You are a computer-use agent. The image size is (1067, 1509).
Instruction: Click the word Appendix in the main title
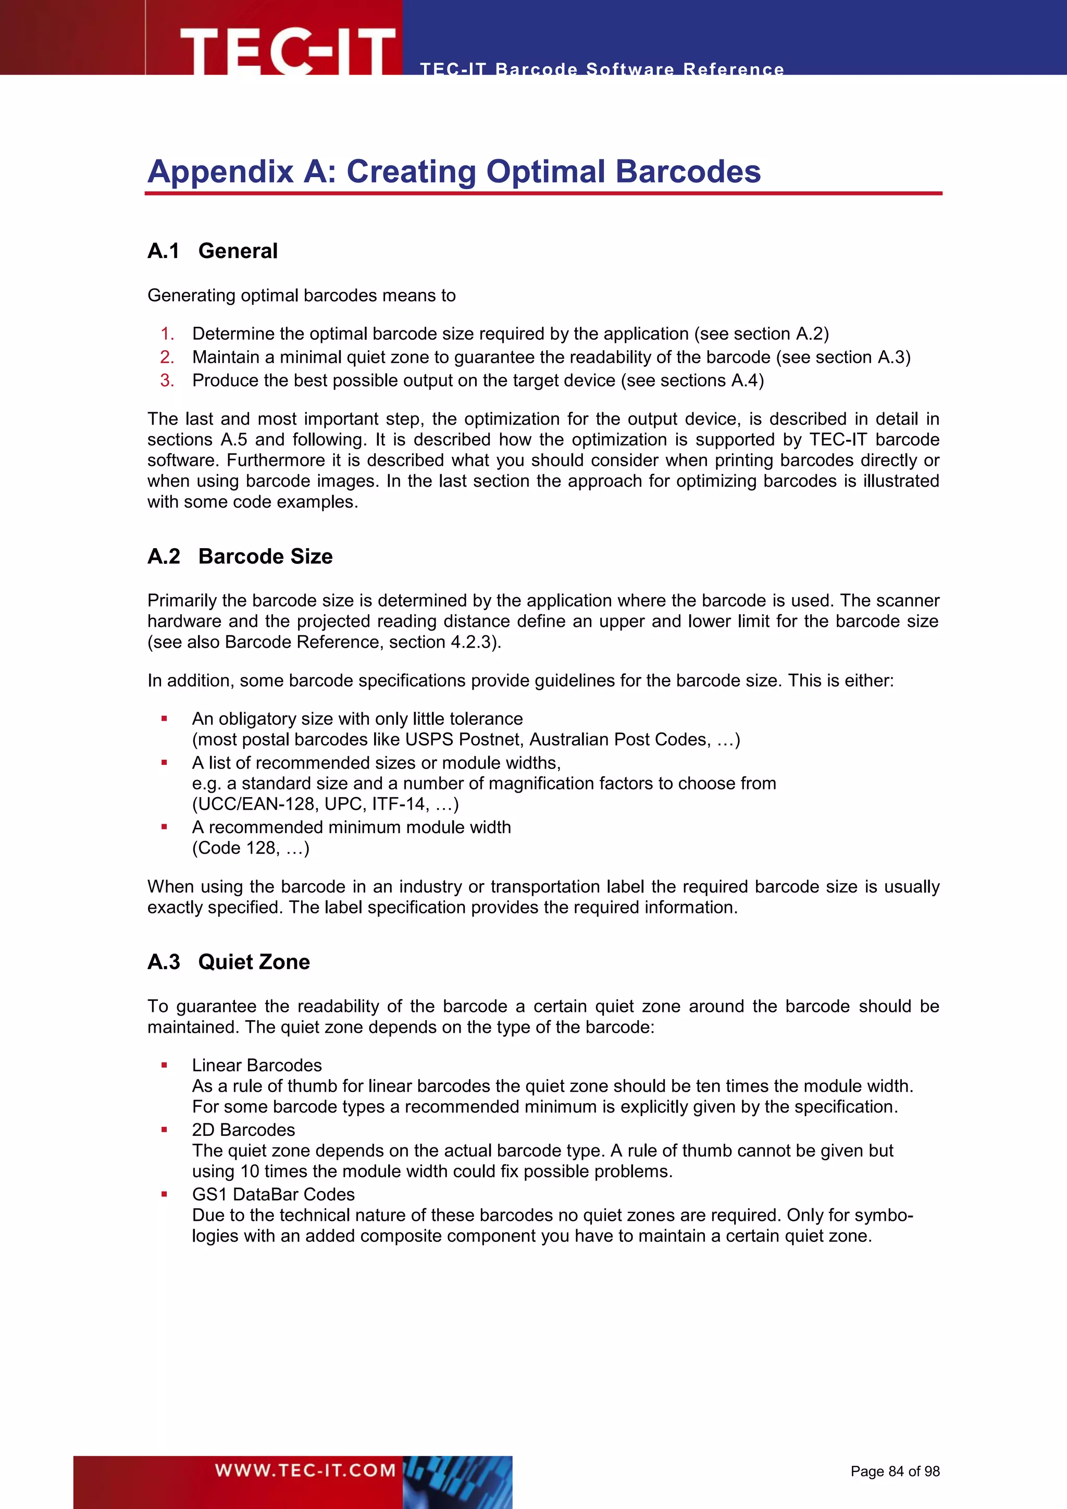point(220,171)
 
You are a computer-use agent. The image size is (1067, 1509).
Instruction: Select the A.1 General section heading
point(212,251)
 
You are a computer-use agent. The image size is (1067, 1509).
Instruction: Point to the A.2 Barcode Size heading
point(240,556)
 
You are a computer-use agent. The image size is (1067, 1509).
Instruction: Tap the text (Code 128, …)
point(250,848)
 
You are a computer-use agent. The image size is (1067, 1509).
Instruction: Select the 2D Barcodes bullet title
point(243,1130)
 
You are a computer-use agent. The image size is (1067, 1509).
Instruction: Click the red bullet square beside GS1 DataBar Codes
point(164,1194)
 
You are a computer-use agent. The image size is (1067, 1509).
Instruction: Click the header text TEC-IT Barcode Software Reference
point(601,69)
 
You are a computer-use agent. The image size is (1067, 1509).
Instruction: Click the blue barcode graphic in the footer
point(457,1481)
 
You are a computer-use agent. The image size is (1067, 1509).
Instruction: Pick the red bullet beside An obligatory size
point(164,719)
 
